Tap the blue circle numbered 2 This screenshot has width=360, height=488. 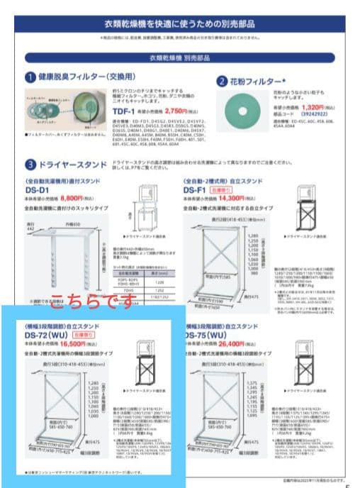pyautogui.click(x=222, y=81)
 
